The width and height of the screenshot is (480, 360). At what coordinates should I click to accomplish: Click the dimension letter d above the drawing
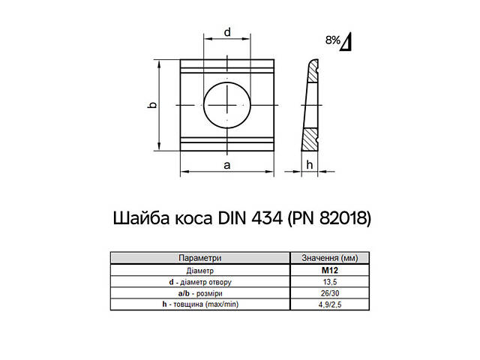pyautogui.click(x=226, y=31)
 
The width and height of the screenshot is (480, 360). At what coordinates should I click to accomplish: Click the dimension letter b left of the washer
pyautogui.click(x=151, y=106)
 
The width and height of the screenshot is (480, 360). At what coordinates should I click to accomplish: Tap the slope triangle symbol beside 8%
pyautogui.click(x=347, y=43)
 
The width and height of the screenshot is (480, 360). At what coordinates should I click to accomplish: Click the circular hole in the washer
pyautogui.click(x=226, y=104)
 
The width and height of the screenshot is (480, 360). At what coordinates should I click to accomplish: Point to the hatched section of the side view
pyautogui.click(x=310, y=139)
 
